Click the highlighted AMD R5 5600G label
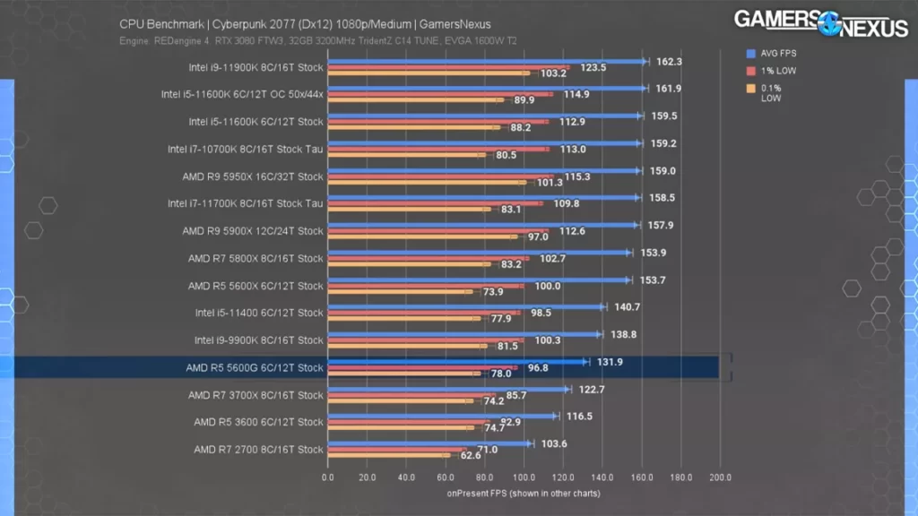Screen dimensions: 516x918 255,367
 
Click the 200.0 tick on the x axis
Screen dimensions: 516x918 720,477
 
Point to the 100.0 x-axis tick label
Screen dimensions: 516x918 524,477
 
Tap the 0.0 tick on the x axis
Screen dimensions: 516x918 327,477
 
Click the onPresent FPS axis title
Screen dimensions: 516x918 524,493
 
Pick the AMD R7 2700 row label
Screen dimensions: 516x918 258,450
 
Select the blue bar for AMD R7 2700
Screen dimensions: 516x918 429,443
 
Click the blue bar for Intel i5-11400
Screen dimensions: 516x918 466,306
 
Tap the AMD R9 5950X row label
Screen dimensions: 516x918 253,176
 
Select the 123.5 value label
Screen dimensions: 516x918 593,67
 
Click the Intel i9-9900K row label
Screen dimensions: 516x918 258,340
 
